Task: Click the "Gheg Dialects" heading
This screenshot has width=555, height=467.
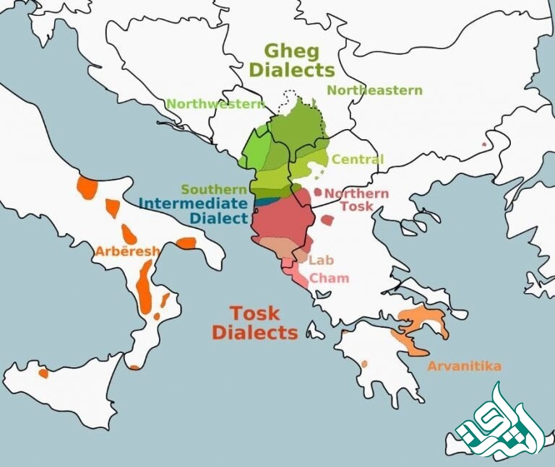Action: (298, 61)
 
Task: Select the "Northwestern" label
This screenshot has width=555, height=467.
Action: (215, 104)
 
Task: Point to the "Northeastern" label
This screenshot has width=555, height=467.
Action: (374, 90)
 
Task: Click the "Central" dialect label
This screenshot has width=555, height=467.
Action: (357, 159)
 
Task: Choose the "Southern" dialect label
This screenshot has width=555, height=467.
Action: (209, 189)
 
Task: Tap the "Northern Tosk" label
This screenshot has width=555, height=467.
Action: (356, 200)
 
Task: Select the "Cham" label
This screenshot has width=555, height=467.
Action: (329, 278)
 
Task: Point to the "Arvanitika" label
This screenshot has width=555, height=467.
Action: (464, 366)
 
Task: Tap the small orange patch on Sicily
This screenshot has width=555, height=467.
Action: (43, 372)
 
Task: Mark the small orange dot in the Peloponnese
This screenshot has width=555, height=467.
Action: (363, 363)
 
